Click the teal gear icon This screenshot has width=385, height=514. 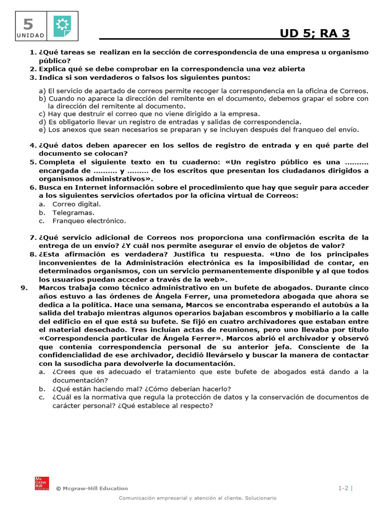[62, 25]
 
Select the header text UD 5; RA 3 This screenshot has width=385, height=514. [314, 33]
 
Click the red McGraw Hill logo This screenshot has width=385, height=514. [41, 482]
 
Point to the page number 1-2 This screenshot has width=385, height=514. [343, 488]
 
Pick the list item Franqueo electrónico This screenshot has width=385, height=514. [89, 221]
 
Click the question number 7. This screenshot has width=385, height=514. [32, 237]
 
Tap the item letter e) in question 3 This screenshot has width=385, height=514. [42, 129]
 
